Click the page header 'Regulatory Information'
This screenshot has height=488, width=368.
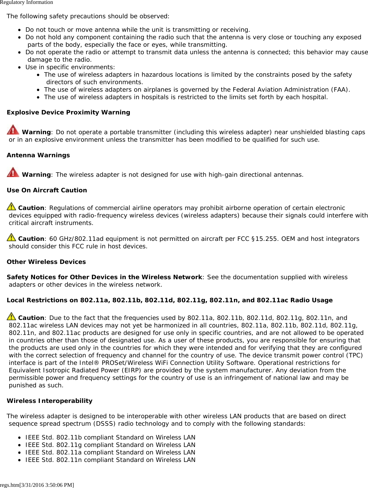pos(26,2)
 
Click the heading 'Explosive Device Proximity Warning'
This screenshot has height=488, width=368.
pos(68,112)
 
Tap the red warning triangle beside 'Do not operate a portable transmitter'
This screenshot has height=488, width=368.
pos(13,130)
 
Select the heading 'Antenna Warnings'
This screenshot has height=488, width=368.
pos(38,155)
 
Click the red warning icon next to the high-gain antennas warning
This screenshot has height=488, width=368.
pos(13,172)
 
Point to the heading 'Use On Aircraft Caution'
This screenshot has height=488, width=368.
pos(47,190)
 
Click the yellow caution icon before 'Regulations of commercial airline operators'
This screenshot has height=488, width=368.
pos(11,206)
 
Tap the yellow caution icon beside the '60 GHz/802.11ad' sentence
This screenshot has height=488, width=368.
pos(11,237)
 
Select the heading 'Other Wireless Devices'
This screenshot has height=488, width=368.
pos(46,262)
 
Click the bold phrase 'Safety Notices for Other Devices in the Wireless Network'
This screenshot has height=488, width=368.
pos(104,277)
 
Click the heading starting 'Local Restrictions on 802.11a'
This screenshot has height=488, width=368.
pos(169,300)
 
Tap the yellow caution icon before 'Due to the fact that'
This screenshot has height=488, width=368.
pos(11,316)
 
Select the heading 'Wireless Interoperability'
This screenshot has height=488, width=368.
pos(49,401)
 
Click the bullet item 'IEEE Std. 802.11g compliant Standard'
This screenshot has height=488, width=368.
pos(110,445)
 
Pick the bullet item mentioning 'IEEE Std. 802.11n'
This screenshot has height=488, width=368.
pos(110,460)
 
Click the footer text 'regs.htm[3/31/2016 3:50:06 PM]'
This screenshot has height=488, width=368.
pos(37,485)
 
